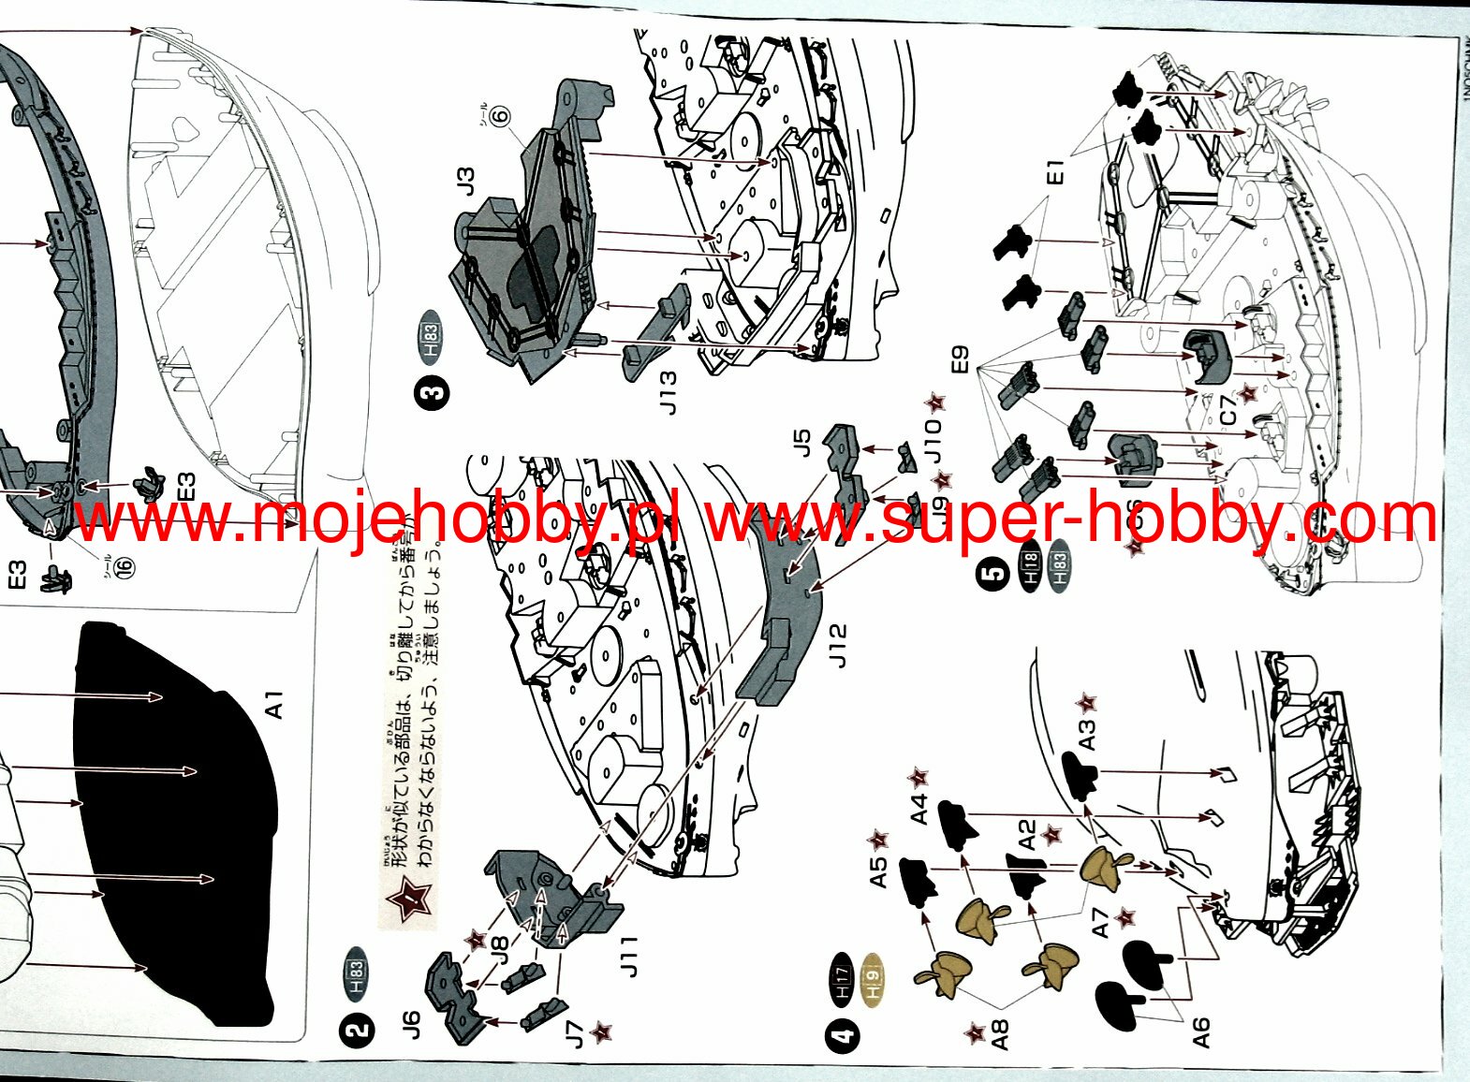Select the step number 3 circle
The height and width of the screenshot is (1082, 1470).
coord(432,392)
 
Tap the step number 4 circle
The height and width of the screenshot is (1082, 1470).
coord(843,1036)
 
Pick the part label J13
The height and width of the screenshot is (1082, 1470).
coord(668,392)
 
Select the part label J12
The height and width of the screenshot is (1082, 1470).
coord(837,646)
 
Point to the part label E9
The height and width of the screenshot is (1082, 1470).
coord(959,360)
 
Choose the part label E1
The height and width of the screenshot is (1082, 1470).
coord(1055,172)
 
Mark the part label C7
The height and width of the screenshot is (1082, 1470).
coord(1227,410)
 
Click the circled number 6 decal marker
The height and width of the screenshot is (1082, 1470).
coord(499,116)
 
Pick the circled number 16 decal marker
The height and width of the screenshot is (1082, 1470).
coord(124,566)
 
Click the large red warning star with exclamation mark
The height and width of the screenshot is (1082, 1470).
coord(409,901)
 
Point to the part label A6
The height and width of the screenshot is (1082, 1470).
coord(1200,1032)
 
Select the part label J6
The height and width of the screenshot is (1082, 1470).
coord(411,1024)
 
